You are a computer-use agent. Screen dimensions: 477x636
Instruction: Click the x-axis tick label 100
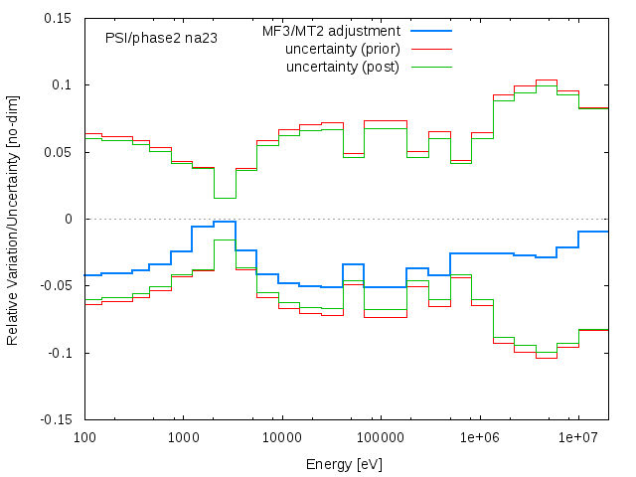click(x=84, y=438)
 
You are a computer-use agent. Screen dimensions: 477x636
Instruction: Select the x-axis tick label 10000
click(x=281, y=438)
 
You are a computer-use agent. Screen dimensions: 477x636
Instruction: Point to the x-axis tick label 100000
click(x=381, y=438)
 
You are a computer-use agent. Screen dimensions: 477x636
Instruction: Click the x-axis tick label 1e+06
click(x=479, y=438)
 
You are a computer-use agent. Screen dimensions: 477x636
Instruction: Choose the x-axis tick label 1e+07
click(x=578, y=438)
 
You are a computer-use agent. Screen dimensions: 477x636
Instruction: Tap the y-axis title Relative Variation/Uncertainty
click(x=13, y=219)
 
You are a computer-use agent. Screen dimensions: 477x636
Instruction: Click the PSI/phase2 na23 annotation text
click(x=162, y=38)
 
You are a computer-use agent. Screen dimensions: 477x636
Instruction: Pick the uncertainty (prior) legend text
click(x=342, y=49)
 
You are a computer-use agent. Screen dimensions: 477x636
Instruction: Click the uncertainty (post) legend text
click(x=343, y=67)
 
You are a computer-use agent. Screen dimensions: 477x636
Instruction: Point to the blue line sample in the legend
click(x=430, y=31)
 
